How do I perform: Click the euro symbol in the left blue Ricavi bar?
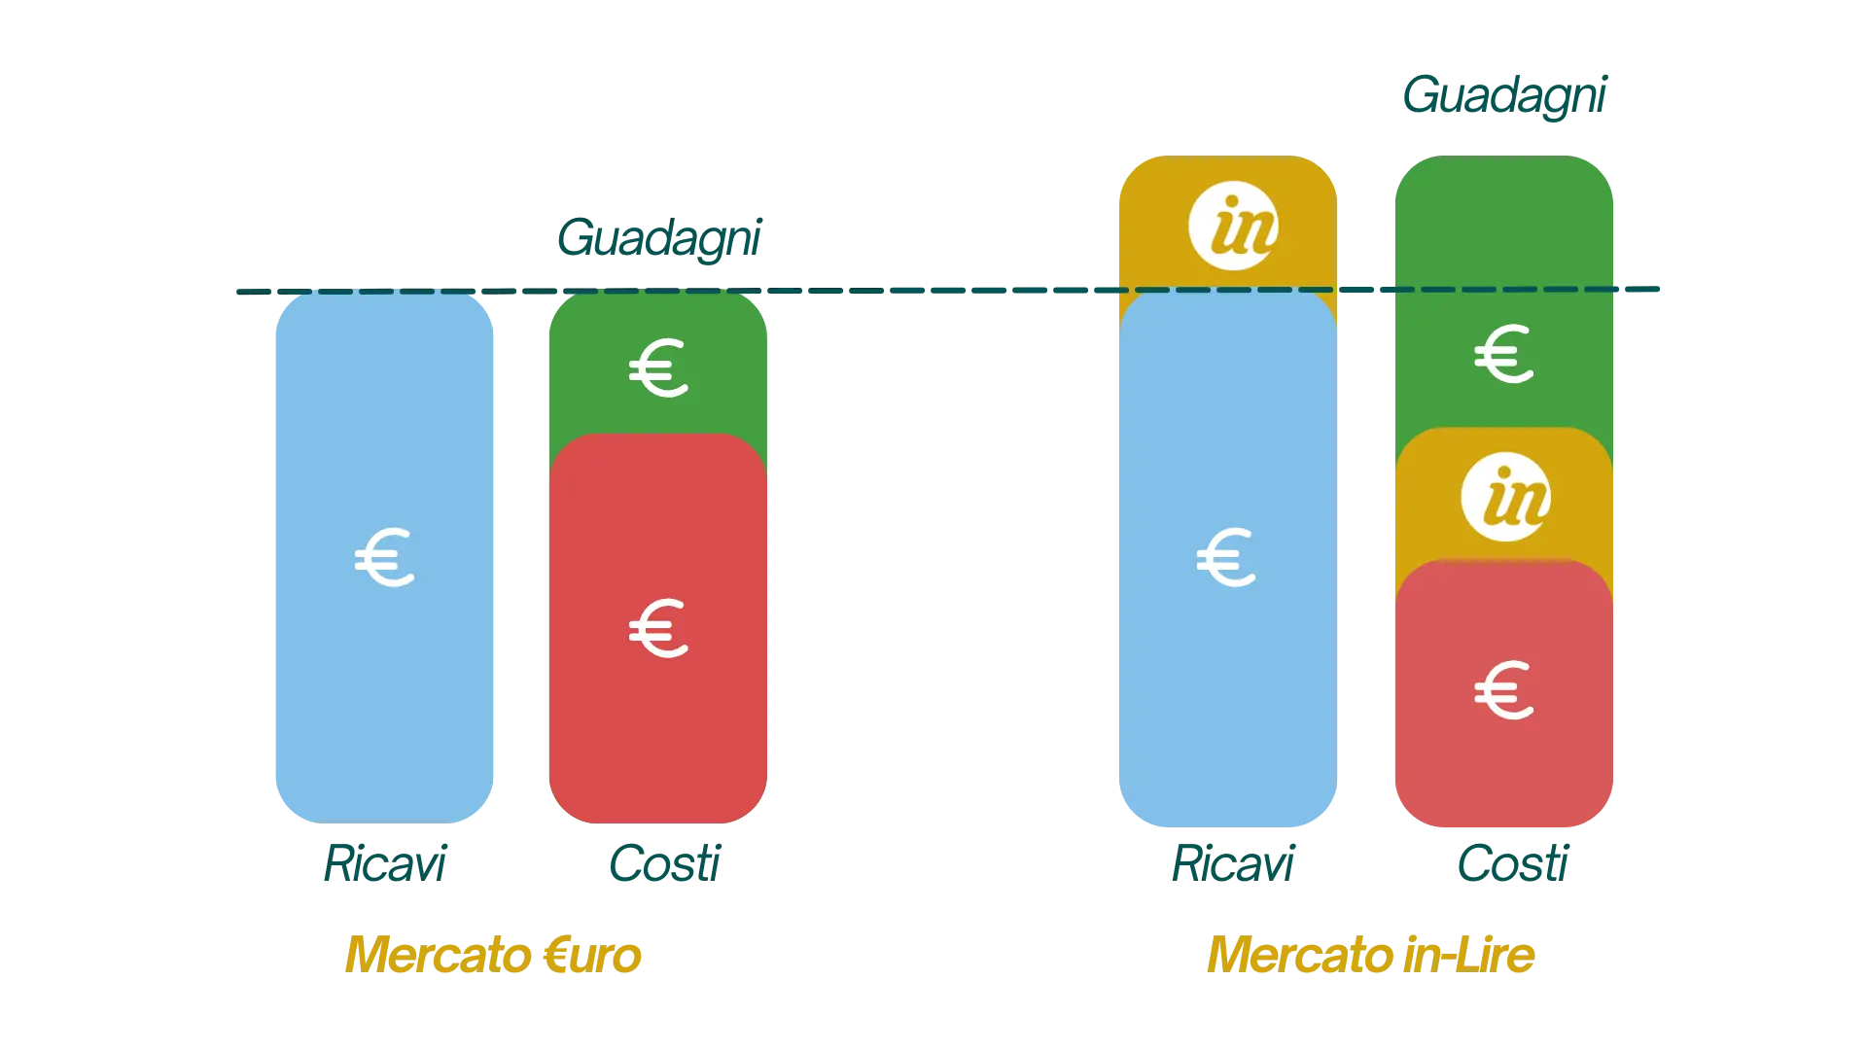[x=385, y=558]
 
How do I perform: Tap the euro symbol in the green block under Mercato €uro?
[x=658, y=367]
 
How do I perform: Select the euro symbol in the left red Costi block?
[x=658, y=628]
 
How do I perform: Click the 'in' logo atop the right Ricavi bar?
[x=1233, y=227]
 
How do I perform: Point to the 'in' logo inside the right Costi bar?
[x=1505, y=497]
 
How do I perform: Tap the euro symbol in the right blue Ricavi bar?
[x=1226, y=558]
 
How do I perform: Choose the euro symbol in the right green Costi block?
[x=1504, y=354]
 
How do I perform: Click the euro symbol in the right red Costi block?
[x=1504, y=690]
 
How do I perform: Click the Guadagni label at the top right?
[x=1504, y=95]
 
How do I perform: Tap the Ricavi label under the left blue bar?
[x=385, y=863]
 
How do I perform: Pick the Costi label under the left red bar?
[x=665, y=863]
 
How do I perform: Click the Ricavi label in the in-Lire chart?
[x=1232, y=863]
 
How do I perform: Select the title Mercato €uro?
[x=493, y=955]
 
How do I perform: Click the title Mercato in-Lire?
[x=1371, y=955]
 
